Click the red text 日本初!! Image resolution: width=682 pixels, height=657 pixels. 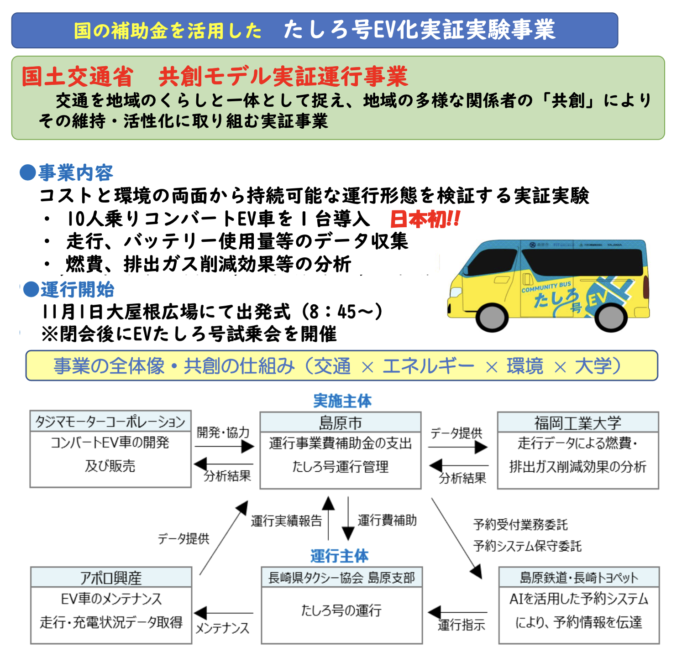coord(425,219)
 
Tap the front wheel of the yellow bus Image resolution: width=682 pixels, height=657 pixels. coord(492,316)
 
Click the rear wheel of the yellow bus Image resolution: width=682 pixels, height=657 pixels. coord(610,316)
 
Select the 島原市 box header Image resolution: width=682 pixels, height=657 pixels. coord(340,422)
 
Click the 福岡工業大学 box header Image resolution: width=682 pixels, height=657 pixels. coord(577,422)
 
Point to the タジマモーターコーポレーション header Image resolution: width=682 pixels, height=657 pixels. coord(110,421)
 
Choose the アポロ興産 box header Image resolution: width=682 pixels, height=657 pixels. coord(111,578)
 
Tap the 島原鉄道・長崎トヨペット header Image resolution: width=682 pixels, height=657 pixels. coord(579,578)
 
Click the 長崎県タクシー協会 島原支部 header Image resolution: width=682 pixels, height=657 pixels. coord(341,578)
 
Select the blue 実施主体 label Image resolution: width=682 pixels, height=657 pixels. coord(342,401)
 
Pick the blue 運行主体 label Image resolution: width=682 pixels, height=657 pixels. coord(339,556)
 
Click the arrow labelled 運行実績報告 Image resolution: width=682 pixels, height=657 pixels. coord(328,518)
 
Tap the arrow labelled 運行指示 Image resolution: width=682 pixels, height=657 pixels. coord(457,612)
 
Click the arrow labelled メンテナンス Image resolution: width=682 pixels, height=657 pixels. coord(223,613)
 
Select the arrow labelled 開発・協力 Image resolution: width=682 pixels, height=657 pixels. coord(224,446)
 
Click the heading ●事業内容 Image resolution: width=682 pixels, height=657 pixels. coord(67,173)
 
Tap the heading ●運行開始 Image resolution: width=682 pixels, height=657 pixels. coord(68,290)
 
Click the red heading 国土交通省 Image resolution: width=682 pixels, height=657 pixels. coord(77,77)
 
